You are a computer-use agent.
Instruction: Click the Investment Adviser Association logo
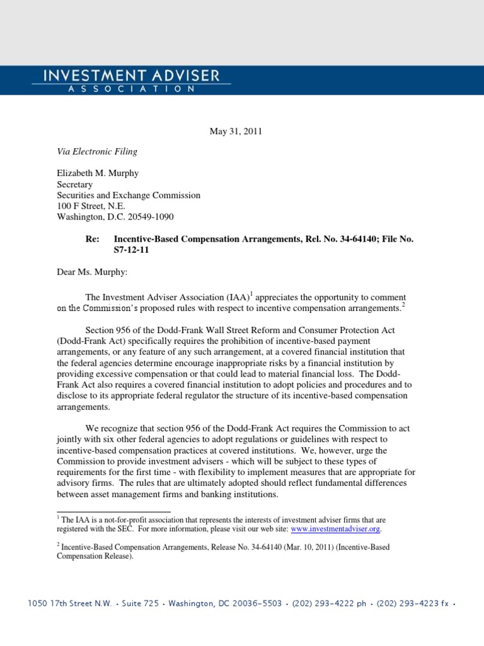point(132,81)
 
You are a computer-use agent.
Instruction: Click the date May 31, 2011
point(235,132)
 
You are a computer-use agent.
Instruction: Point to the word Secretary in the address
point(75,185)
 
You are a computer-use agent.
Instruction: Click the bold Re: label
point(93,239)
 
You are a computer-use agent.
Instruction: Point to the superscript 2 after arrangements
point(403,305)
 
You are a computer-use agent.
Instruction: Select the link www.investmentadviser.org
point(336,529)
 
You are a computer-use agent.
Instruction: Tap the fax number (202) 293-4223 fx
point(412,604)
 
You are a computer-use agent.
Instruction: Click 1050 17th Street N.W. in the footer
point(70,604)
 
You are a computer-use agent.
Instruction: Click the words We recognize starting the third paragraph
point(112,428)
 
